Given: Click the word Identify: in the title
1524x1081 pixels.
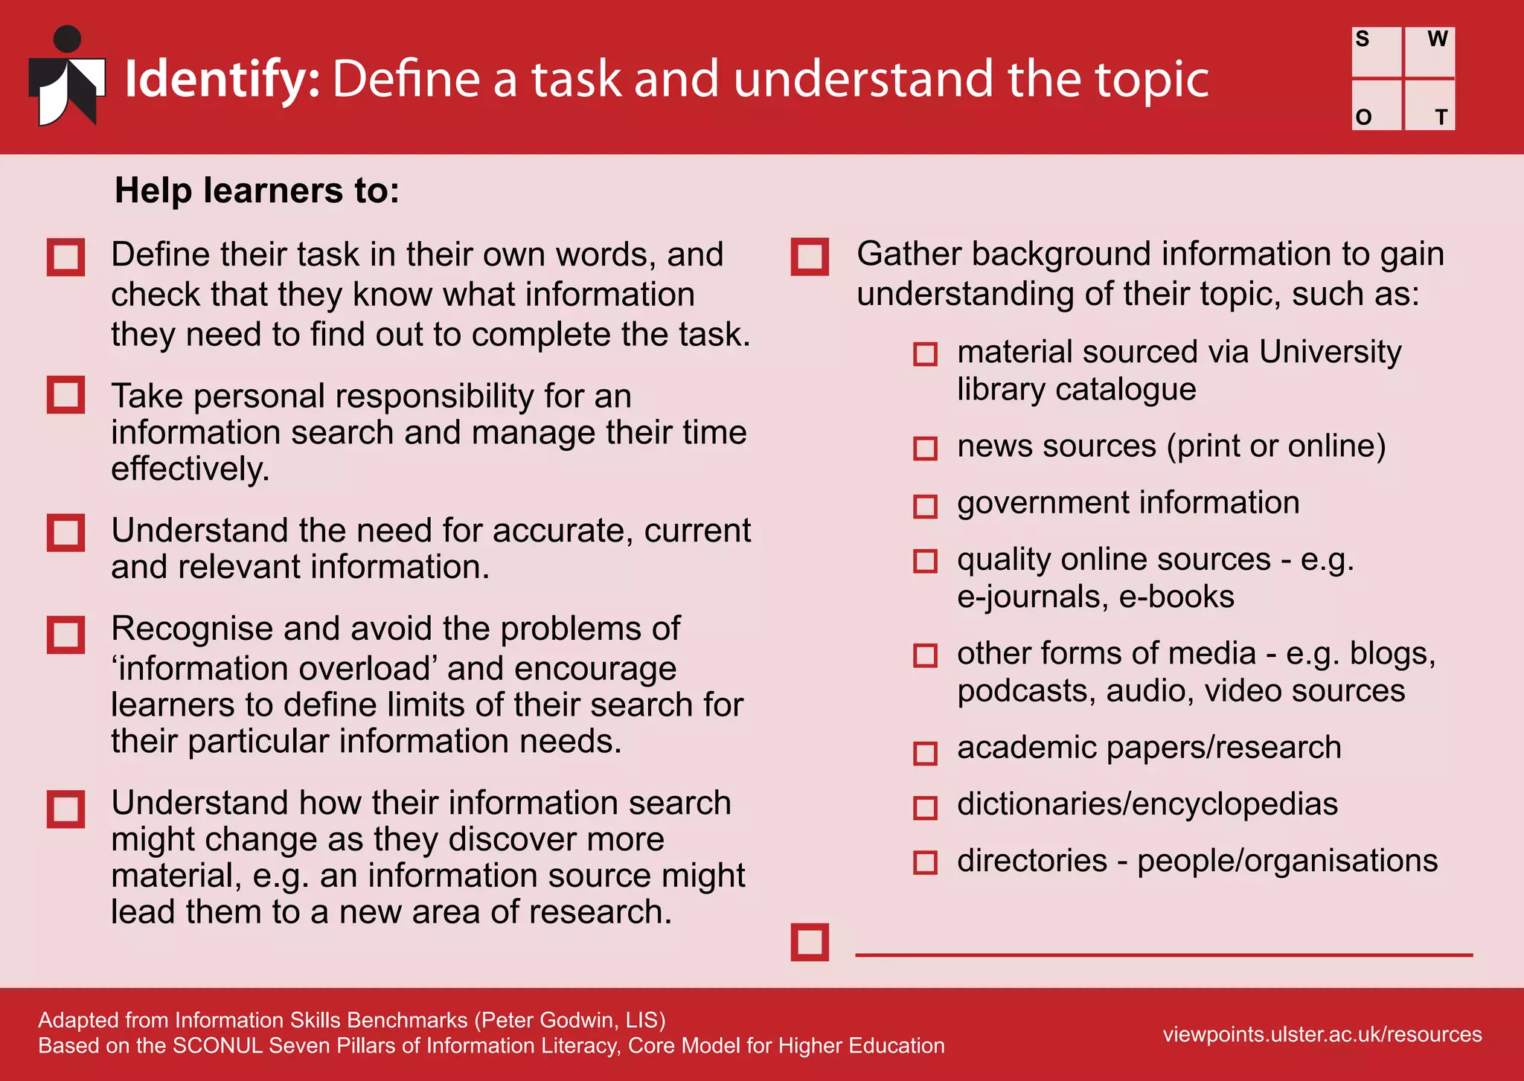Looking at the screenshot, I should [x=222, y=79].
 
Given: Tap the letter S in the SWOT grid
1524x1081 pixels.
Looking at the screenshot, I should [x=1362, y=39].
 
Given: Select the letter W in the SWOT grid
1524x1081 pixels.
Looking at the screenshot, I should [x=1437, y=39].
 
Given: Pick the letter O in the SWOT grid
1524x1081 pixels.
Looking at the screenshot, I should [x=1363, y=117].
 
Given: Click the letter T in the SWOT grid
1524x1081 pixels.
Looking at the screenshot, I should [x=1441, y=117].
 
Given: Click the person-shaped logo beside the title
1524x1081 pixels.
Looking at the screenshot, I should [x=67, y=77].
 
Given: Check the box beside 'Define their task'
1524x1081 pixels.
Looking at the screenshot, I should [x=65, y=257].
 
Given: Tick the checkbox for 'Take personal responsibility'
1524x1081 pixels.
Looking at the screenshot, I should [x=65, y=394].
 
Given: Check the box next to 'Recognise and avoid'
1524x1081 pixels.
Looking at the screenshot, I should [x=65, y=635].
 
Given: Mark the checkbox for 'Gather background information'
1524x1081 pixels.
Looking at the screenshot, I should [x=810, y=257].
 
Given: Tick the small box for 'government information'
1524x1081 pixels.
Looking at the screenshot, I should [x=925, y=507].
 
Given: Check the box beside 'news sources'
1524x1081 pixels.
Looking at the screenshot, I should [x=925, y=449].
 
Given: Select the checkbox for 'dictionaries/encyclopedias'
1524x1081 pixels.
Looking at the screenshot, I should [x=925, y=807].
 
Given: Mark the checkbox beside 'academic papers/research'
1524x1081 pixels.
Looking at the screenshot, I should [x=925, y=753].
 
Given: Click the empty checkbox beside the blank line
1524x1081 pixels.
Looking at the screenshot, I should [x=810, y=943].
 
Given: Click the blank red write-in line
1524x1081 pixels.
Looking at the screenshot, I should [x=1163, y=954].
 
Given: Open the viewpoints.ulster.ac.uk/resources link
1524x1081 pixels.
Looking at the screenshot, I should [x=1322, y=1034].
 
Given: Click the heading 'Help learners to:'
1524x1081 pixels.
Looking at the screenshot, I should [x=257, y=190].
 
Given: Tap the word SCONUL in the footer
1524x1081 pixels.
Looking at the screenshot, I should [x=218, y=1045].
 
